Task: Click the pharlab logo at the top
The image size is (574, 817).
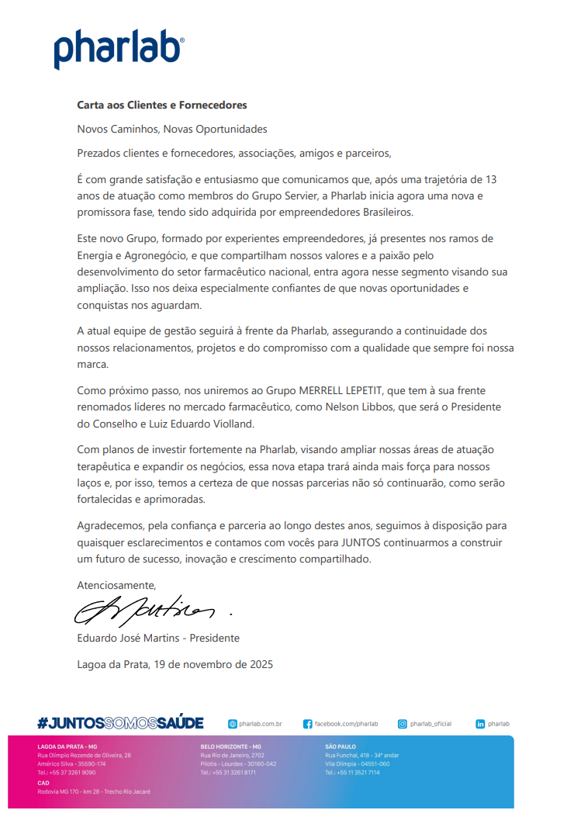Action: coord(119,48)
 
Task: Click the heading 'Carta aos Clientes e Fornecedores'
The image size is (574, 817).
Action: coord(161,105)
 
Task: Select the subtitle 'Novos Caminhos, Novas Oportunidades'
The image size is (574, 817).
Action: coord(172,129)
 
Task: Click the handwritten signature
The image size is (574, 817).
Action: coord(147,611)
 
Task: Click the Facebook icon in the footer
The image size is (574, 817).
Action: coord(308,724)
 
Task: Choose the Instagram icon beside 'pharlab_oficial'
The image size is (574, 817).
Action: coord(403,724)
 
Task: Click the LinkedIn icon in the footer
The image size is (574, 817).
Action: coord(480,724)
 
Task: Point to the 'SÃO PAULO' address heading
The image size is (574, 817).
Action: coord(341,746)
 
